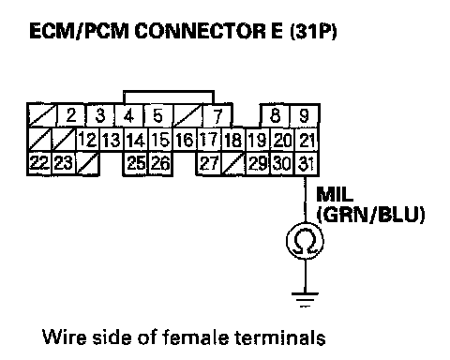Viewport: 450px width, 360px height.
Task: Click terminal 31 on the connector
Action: coord(307,163)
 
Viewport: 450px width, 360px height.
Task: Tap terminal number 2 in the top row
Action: coord(71,115)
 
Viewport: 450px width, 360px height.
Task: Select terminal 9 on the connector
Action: coord(305,115)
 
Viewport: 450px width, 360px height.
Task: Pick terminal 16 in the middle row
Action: coord(185,140)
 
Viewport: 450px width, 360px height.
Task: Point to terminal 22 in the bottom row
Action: coord(39,163)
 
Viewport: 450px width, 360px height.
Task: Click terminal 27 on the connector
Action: coord(209,163)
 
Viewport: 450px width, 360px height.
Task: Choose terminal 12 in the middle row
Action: coord(88,140)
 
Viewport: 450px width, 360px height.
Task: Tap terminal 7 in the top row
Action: coord(217,115)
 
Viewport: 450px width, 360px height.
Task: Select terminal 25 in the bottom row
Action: coord(136,163)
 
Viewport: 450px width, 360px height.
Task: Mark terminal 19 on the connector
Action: coord(258,140)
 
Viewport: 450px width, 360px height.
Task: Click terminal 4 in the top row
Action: coord(129,115)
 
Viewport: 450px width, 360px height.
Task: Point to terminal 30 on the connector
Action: coord(282,163)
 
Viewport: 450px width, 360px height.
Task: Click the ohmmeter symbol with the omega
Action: coord(305,241)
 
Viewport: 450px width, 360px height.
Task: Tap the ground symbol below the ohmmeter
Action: coord(305,299)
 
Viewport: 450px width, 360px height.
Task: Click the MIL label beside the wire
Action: coord(335,194)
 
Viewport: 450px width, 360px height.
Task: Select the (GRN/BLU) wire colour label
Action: coord(370,215)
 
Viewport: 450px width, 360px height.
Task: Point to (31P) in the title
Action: coord(313,32)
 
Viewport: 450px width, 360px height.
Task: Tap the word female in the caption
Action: coord(196,337)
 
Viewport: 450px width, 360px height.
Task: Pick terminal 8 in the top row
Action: coord(276,115)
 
